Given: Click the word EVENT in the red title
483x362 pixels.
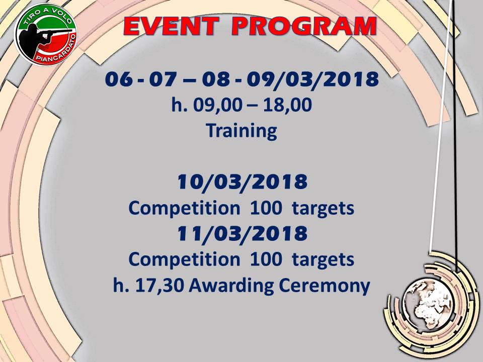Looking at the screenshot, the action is point(171,27).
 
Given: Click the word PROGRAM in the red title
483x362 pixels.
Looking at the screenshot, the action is point(304,27).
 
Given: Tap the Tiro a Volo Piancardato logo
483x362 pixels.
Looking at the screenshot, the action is point(46,35).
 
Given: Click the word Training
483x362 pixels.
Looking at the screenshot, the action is point(242,131).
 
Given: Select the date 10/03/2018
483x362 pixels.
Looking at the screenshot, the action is point(243,182).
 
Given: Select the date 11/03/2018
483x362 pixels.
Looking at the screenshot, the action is point(243,234).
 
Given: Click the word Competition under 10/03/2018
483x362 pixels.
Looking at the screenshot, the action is point(184,208).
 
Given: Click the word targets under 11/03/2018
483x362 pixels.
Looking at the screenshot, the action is point(323,260).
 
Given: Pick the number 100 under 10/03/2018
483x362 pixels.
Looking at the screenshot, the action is point(266,208).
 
